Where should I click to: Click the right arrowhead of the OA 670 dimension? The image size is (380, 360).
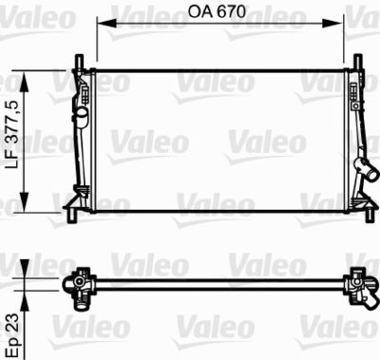pos(339,22)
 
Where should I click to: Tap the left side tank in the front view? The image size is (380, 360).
pos(82,138)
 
